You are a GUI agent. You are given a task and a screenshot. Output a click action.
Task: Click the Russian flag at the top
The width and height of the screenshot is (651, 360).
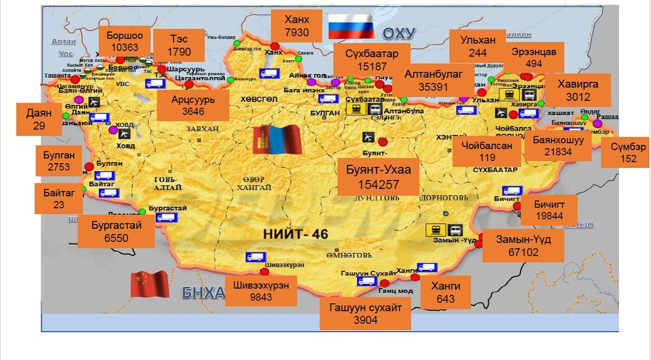(350, 27)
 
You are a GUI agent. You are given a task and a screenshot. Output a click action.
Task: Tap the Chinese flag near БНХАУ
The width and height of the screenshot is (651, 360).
(150, 284)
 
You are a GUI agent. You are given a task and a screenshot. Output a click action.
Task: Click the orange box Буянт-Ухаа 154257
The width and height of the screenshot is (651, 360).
(378, 176)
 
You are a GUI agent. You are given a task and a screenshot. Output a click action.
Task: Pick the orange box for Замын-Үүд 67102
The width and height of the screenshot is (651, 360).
(523, 246)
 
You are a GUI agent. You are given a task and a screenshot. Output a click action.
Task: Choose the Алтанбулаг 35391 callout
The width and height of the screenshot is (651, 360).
(433, 80)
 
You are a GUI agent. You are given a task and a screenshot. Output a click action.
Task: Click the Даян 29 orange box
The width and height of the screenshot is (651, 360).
(39, 119)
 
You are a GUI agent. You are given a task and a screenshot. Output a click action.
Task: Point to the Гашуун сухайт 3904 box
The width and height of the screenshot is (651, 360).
(365, 314)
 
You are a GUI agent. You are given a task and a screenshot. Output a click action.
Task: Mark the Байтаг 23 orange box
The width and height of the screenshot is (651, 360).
(59, 198)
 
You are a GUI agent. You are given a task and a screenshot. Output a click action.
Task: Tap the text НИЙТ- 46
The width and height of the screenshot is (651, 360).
(296, 234)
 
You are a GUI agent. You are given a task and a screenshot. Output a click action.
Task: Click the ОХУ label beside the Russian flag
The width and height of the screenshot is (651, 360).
(399, 34)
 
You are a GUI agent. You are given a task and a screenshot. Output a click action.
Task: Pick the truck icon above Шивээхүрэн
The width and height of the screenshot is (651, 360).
(256, 257)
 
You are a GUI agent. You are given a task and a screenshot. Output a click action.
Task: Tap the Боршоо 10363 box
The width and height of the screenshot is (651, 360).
(125, 41)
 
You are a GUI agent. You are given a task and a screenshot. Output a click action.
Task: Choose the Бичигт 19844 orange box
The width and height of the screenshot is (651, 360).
(548, 210)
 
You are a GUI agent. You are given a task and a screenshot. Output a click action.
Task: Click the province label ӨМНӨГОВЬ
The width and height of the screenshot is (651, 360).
(349, 255)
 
